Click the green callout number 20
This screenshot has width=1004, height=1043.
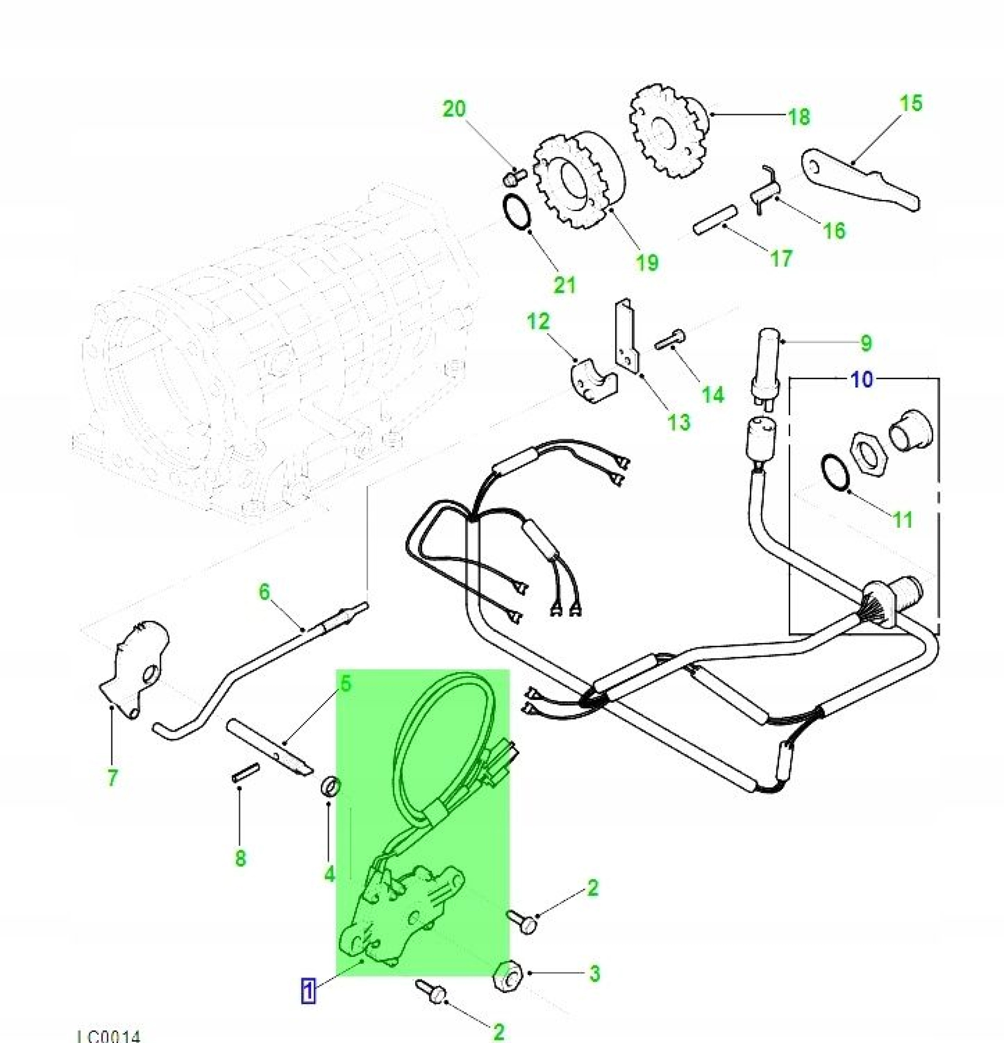(x=454, y=109)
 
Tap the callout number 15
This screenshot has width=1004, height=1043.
(x=910, y=103)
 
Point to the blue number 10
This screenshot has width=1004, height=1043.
(x=862, y=380)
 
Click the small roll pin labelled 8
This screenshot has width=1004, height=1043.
(x=245, y=772)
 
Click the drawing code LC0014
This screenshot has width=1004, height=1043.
(x=109, y=1035)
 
